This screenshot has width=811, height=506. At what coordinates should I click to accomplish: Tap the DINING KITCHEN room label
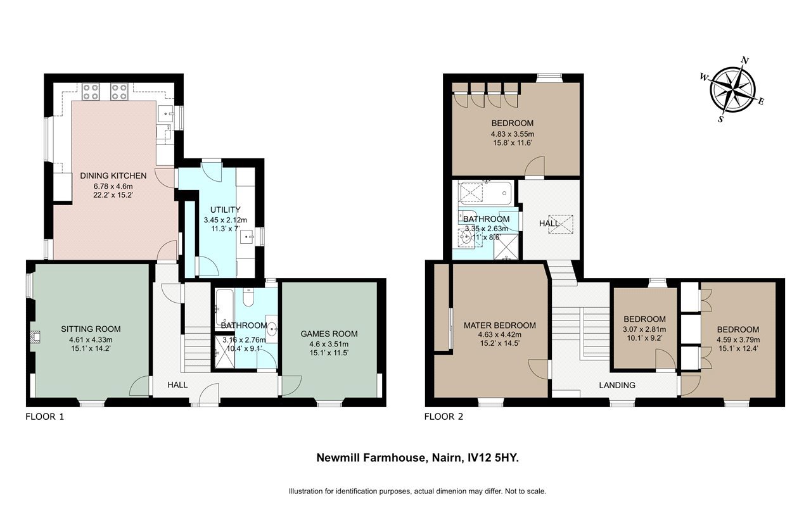(113, 176)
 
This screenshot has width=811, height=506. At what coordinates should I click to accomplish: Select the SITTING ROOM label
(91, 329)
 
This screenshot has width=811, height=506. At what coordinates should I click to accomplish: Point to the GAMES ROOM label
(329, 334)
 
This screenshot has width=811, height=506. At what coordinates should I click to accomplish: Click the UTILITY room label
(225, 210)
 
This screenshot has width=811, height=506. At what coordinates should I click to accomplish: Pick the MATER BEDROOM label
(500, 326)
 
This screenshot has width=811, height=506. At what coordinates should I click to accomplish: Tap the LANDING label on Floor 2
(617, 385)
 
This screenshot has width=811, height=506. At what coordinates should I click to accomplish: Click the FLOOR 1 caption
(44, 417)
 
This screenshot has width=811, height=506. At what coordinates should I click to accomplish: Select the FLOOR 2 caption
(444, 417)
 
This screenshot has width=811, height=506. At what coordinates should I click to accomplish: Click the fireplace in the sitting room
(35, 337)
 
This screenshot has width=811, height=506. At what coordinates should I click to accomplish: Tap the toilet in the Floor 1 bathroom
(248, 298)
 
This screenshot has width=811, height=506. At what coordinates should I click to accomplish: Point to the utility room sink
(248, 237)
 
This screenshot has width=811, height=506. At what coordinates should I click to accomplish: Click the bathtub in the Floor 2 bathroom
(485, 193)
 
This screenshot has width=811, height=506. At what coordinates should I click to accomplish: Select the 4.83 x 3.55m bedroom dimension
(513, 134)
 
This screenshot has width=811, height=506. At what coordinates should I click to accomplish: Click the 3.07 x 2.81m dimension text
(644, 329)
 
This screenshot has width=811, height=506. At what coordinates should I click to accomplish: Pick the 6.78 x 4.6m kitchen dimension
(113, 187)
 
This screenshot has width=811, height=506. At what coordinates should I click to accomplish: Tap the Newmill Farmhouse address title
(418, 458)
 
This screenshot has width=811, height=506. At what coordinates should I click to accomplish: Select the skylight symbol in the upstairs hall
(561, 225)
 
